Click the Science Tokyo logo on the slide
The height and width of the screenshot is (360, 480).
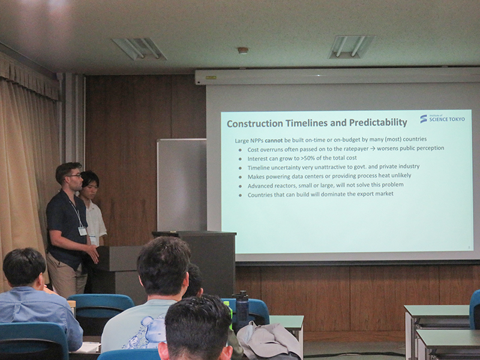tap(443, 118)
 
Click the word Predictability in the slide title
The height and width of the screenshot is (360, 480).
tap(378, 122)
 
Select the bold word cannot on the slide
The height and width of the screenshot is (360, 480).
tap(274, 140)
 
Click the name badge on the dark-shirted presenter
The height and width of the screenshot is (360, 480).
tap(82, 231)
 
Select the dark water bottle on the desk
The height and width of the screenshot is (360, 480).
tap(242, 310)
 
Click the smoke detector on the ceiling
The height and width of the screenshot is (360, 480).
tap(243, 50)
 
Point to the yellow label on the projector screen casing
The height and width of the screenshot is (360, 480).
tap(211, 78)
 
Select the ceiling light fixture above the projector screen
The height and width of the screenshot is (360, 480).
tap(352, 47)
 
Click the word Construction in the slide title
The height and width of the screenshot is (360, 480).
tap(255, 124)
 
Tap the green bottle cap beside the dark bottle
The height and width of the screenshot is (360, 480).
tap(227, 303)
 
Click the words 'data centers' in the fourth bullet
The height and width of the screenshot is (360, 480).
tap(307, 176)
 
